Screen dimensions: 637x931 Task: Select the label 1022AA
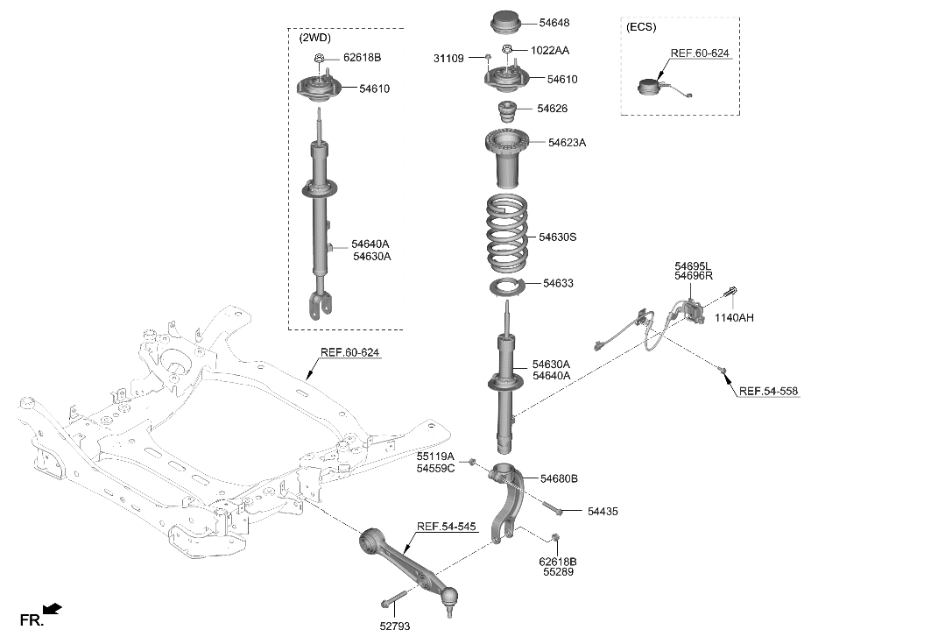550,50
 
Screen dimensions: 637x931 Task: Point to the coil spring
506,234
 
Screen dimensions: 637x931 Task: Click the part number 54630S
558,237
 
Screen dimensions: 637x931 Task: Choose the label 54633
558,283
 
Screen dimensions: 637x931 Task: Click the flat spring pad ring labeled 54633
507,287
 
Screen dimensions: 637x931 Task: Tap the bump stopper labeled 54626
506,114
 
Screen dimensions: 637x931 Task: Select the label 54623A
568,142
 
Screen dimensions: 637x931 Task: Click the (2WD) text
315,39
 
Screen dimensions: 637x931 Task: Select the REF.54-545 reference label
447,527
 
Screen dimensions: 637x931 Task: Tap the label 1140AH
734,317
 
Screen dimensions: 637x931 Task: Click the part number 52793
395,626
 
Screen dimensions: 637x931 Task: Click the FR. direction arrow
52,608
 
